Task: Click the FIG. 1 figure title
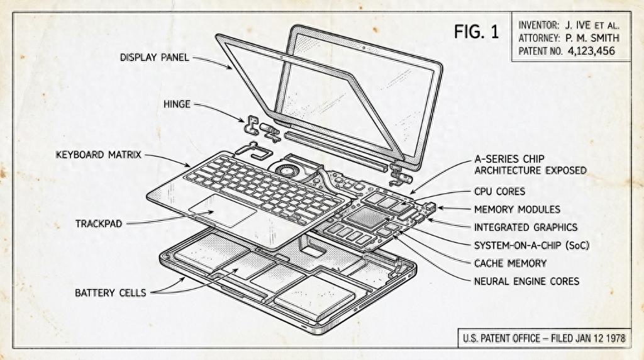[x=476, y=32]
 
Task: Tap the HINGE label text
[x=177, y=104]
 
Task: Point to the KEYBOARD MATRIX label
[x=98, y=154]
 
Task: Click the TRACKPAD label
[x=98, y=223]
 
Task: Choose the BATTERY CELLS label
[x=111, y=293]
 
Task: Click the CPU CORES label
[x=499, y=191]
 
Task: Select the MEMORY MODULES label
[x=517, y=209]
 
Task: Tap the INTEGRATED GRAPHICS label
[x=526, y=227]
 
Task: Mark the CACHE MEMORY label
[x=510, y=262]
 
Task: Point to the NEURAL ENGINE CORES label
[x=526, y=281]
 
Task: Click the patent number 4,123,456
[x=591, y=50]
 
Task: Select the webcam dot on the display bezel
[x=364, y=47]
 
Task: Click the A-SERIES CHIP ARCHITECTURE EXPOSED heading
[x=530, y=165]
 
